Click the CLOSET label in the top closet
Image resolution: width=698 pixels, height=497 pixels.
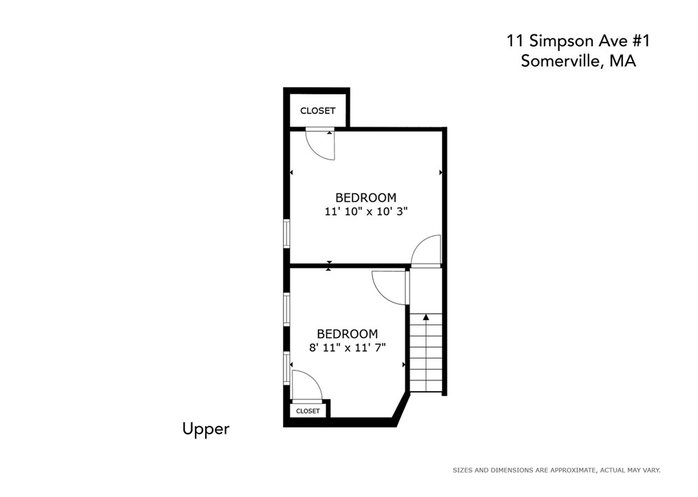(317, 110)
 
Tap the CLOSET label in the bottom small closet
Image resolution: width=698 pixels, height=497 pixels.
(308, 410)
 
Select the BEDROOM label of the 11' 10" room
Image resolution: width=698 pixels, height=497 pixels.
(366, 198)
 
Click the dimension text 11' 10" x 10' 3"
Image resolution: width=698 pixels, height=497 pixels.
(366, 211)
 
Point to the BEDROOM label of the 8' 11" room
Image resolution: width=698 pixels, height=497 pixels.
(347, 334)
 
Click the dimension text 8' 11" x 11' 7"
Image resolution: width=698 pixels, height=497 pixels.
(347, 348)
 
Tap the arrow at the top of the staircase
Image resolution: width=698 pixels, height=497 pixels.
(426, 317)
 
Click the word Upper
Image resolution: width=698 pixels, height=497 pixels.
(206, 430)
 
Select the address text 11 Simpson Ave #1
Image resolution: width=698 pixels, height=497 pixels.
(578, 41)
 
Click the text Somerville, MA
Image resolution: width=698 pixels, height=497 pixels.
(578, 61)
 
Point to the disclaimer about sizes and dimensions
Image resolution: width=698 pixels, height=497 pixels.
(556, 470)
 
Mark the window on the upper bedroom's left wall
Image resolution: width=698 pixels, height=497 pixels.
(287, 233)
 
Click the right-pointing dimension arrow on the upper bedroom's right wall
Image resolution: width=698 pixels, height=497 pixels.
(441, 172)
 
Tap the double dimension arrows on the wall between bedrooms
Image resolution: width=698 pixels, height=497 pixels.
(328, 266)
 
